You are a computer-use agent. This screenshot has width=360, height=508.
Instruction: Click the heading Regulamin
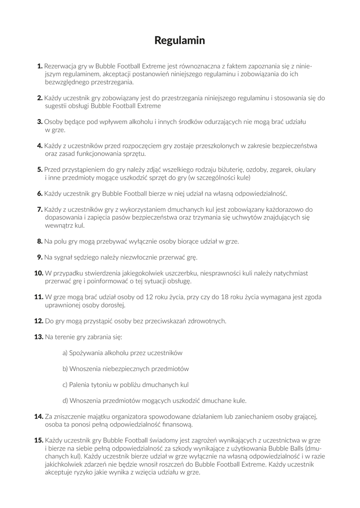click(x=180, y=40)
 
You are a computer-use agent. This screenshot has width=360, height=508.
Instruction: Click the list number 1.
click(x=40, y=65)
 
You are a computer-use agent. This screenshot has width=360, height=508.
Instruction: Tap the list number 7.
click(x=40, y=209)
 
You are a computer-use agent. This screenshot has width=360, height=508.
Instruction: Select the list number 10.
click(x=39, y=273)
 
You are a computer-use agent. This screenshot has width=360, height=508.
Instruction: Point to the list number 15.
click(x=39, y=440)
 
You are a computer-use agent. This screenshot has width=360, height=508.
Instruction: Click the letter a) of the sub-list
click(x=65, y=353)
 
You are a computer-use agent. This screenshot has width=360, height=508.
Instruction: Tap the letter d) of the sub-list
click(x=65, y=400)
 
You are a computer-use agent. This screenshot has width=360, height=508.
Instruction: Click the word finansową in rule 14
click(x=176, y=424)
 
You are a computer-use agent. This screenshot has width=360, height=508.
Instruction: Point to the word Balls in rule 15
click(x=289, y=448)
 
